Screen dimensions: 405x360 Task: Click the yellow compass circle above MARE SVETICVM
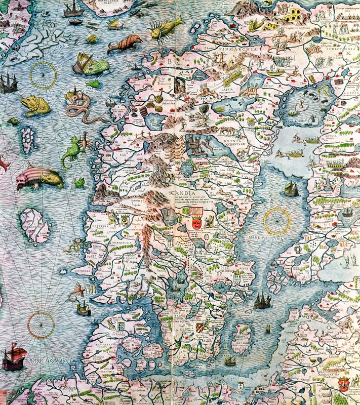pyautogui.click(x=277, y=221)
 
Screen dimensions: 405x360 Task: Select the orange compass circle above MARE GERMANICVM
pyautogui.click(x=41, y=325)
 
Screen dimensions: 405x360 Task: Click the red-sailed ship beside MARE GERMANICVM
pyautogui.click(x=14, y=356)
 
